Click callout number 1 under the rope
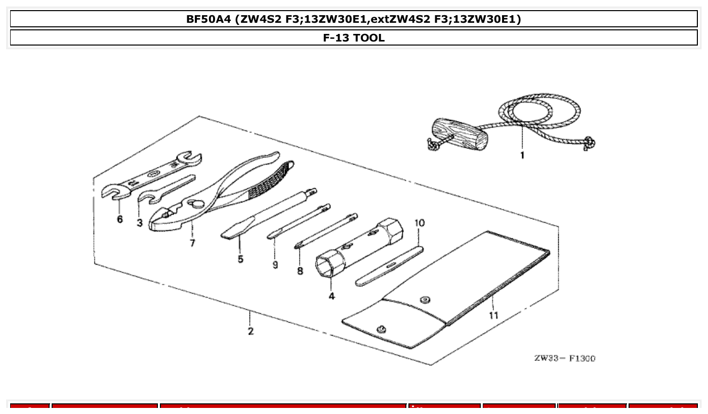pos(522,155)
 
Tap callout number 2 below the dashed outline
pos(251,331)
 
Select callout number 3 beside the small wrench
pos(139,222)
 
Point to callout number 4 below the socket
pos(331,296)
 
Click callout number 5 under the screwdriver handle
pos(240,259)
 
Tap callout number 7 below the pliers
pos(192,242)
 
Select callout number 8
pos(300,271)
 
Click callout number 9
pos(275,265)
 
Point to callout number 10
pos(420,223)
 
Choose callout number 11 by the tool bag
pos(493,315)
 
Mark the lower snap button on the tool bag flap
pos(382,329)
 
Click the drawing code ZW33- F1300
pos(564,358)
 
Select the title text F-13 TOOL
pos(354,38)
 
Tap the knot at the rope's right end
pos(589,144)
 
